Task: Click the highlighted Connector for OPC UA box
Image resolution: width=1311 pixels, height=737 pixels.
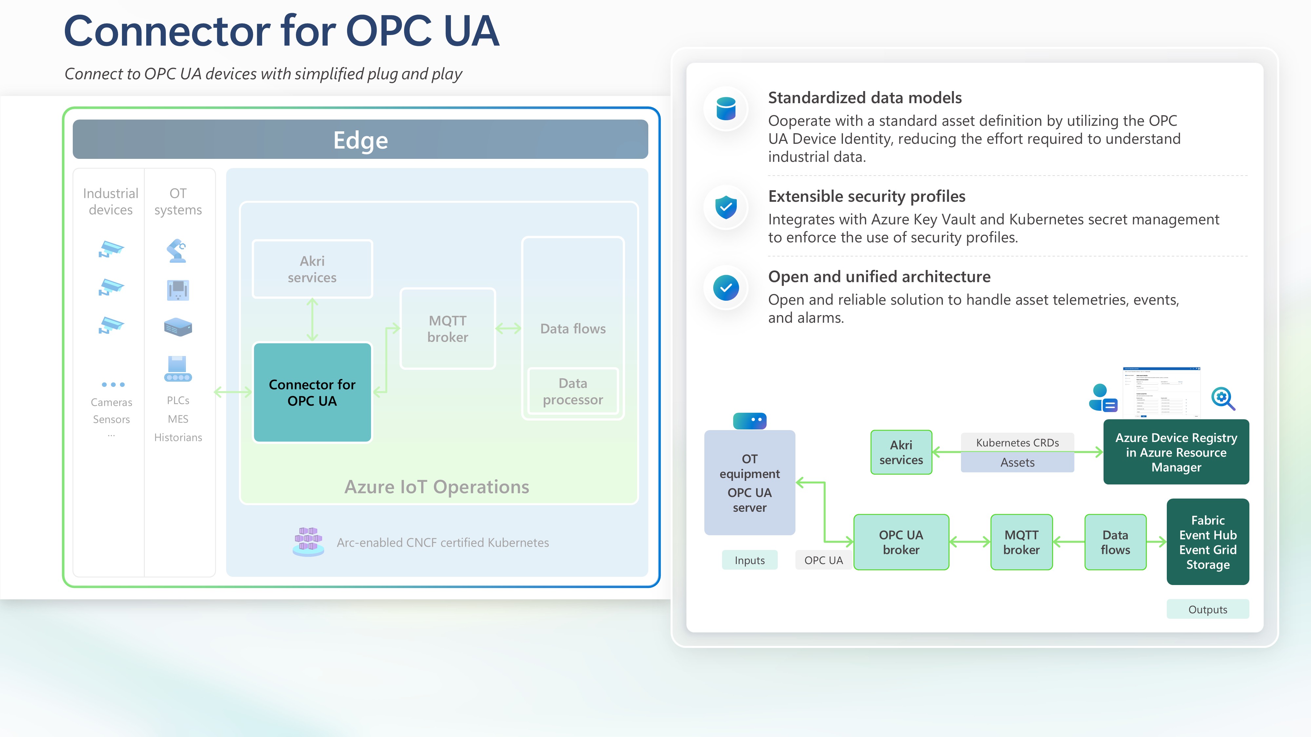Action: (312, 392)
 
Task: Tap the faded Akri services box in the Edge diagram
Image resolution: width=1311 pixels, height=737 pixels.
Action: (312, 269)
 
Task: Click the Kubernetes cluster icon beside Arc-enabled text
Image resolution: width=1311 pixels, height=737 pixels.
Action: (308, 542)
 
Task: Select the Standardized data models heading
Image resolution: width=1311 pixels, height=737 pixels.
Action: (865, 98)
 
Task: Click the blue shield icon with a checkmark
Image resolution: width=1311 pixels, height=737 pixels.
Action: (726, 207)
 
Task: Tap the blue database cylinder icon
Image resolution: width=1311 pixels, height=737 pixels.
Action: (726, 108)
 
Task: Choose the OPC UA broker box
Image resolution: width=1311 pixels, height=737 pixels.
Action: (901, 542)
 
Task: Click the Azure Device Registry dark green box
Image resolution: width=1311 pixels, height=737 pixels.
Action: (1176, 452)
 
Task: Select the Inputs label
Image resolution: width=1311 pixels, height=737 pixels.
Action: (749, 560)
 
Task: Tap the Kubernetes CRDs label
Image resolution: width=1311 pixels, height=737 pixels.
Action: (1017, 443)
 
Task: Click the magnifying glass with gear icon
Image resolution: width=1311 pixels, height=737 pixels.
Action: (1223, 398)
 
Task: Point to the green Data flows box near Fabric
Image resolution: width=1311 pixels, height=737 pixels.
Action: (1115, 542)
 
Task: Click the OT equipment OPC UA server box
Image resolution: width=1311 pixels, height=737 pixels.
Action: (749, 483)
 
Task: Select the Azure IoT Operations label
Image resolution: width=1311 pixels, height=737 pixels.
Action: (437, 487)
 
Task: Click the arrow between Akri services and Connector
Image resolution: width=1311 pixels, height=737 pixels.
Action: (312, 319)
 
